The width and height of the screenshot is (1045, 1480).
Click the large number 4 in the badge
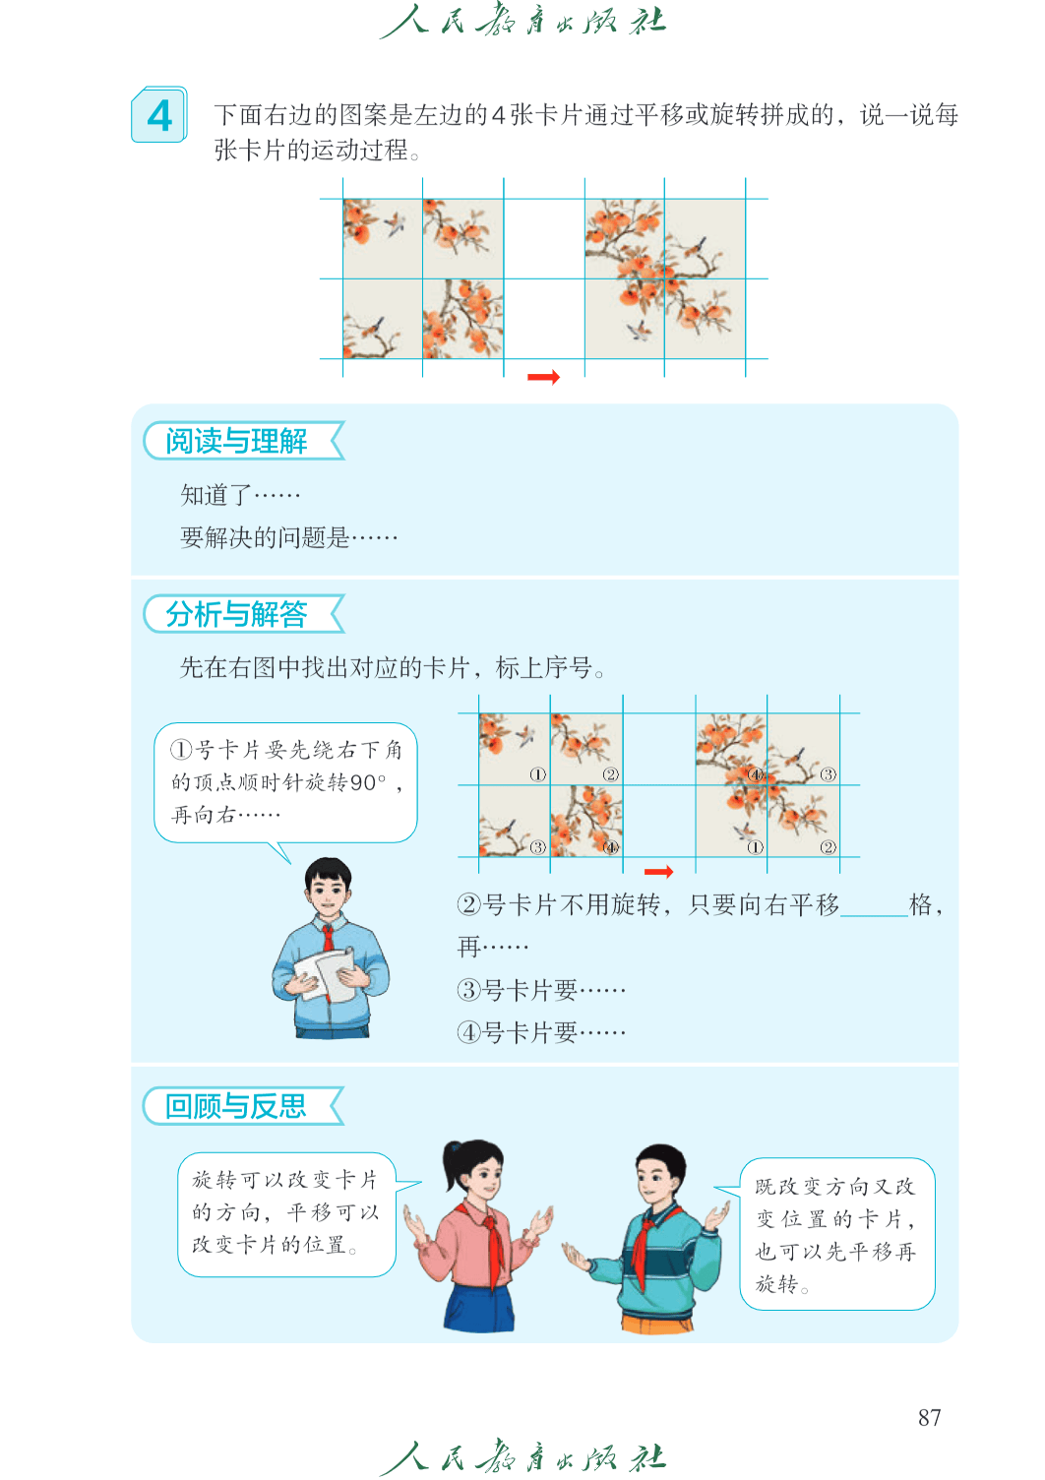(x=159, y=116)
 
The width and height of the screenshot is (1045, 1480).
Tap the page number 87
(x=929, y=1417)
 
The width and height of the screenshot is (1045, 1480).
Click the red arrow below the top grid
(x=543, y=377)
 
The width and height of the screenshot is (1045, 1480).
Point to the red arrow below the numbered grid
(x=658, y=872)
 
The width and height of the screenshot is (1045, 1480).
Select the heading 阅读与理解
(x=236, y=442)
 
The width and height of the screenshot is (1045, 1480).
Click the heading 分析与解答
(x=236, y=614)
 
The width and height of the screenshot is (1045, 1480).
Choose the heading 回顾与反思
(x=236, y=1106)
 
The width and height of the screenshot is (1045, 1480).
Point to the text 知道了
(x=216, y=495)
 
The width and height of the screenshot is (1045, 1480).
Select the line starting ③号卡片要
(x=541, y=990)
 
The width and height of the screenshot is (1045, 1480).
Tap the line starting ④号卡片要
(x=541, y=1032)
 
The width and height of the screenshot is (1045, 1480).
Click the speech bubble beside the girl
(x=286, y=1214)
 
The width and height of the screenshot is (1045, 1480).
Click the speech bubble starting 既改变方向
(x=836, y=1234)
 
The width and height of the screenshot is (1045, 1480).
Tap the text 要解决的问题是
(x=265, y=538)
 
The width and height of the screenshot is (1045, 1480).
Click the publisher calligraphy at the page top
(x=522, y=21)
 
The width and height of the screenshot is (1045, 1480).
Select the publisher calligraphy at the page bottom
(x=522, y=1456)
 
